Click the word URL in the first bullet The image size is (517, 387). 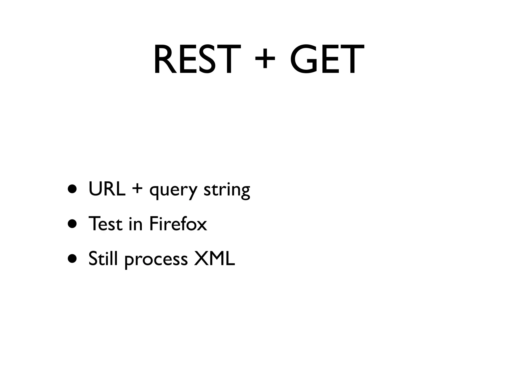(x=107, y=189)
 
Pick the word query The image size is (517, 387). (x=173, y=191)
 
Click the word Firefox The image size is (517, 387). (x=178, y=223)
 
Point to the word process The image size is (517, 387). (x=156, y=260)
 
